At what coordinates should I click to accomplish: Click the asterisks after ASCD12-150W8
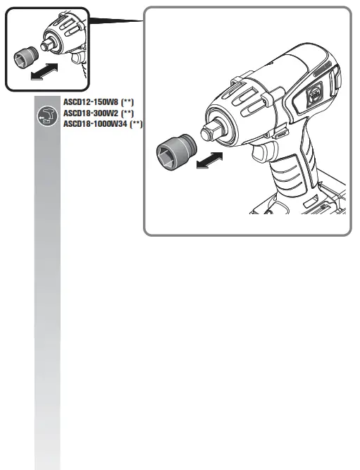click(128, 101)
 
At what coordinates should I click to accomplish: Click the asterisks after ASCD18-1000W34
click(135, 123)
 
